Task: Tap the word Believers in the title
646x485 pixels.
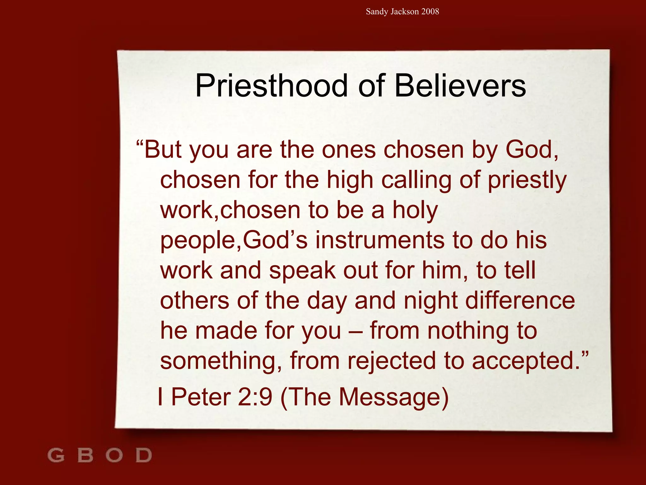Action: pos(460,86)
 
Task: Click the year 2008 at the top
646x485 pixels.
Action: pos(430,12)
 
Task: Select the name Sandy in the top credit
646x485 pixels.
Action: pos(377,12)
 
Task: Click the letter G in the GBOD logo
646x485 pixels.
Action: pos(56,455)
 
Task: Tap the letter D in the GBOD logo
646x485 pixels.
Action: pos(144,455)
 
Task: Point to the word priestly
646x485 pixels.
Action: pos(527,180)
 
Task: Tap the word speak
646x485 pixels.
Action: pos(302,271)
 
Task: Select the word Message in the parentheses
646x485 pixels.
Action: pos(390,397)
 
